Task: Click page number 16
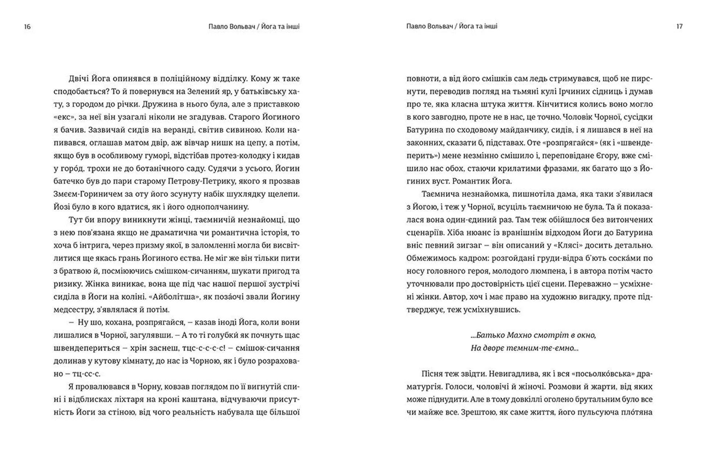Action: (27, 27)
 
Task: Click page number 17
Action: (679, 26)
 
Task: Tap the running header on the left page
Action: (254, 26)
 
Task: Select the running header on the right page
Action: (452, 26)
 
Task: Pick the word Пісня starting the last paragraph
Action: (433, 374)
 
